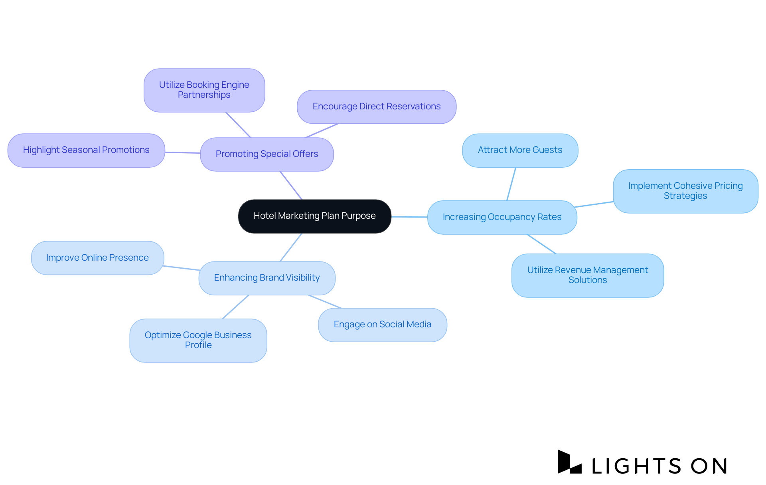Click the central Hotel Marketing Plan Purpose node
[x=314, y=216]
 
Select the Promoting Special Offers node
[x=267, y=154]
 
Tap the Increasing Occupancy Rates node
[x=502, y=217]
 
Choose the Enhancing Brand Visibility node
[x=267, y=278]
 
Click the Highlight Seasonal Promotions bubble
[x=86, y=150]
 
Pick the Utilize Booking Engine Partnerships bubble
[x=204, y=90]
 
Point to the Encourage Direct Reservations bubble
[x=376, y=107]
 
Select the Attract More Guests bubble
[x=520, y=150]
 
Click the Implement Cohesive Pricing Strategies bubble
[x=685, y=191]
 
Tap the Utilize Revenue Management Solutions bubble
[x=587, y=275]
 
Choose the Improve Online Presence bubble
[x=97, y=258]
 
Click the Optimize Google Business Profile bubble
[x=198, y=340]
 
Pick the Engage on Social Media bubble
[x=382, y=325]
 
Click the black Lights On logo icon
[x=569, y=462]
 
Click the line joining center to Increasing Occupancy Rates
[x=409, y=217]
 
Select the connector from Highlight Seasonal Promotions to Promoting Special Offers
[x=183, y=152]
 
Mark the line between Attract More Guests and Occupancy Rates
[x=511, y=184]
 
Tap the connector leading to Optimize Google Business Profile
[x=235, y=307]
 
